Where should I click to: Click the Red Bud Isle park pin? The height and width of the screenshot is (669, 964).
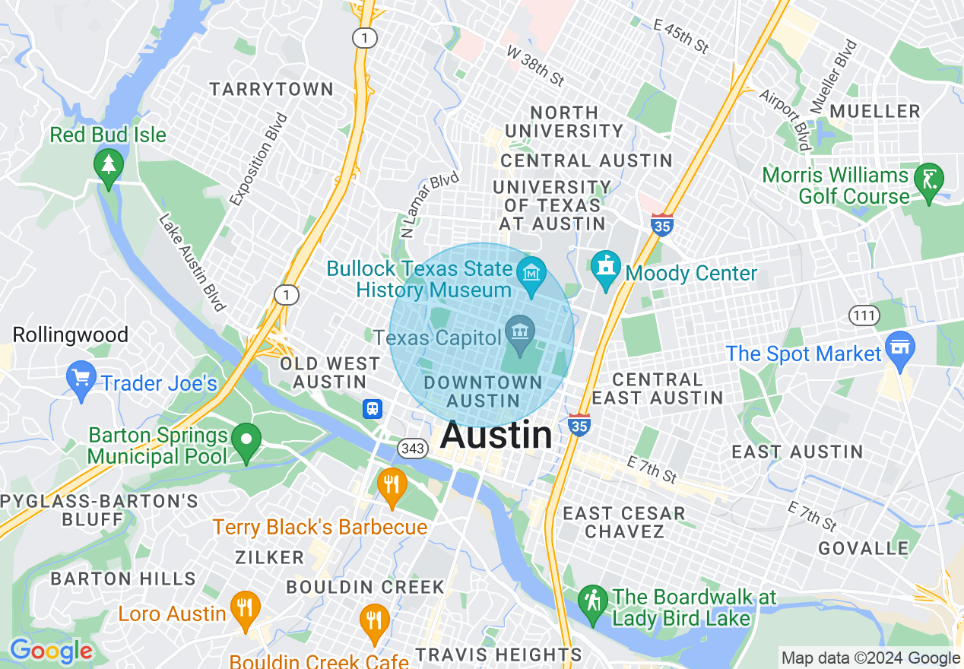(x=108, y=164)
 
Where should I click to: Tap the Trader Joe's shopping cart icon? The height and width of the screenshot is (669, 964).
(x=81, y=377)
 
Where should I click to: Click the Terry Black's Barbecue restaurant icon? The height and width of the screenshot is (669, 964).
(x=392, y=484)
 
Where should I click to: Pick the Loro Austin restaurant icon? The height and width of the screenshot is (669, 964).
(x=244, y=607)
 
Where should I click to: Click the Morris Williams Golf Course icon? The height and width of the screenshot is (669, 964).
(x=929, y=179)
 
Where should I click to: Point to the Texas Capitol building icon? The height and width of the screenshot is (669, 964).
(x=520, y=333)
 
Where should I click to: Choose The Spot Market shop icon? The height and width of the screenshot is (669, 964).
(x=900, y=347)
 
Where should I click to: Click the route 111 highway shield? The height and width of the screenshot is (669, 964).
(x=865, y=315)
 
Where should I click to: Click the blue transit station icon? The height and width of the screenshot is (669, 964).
(x=372, y=409)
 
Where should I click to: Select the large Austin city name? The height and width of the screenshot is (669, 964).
(x=496, y=436)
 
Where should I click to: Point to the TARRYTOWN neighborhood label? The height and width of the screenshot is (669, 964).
(x=271, y=89)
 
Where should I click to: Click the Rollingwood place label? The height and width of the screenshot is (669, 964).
(x=71, y=334)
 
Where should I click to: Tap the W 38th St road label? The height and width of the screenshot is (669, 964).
(x=536, y=65)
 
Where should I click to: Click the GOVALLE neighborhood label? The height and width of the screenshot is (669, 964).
(x=863, y=548)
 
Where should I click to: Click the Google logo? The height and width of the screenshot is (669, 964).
(x=51, y=651)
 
